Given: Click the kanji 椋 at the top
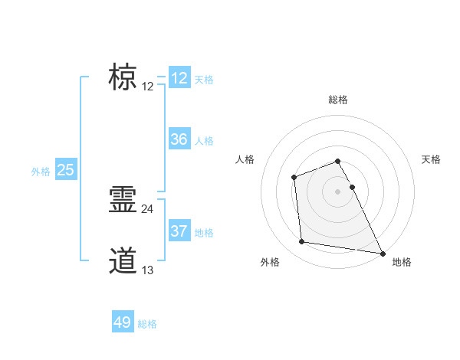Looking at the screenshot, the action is click(123, 77).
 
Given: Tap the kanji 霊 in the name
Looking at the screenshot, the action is click(123, 200).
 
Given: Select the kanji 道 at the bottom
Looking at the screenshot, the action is click(123, 261).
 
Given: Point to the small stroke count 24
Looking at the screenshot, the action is click(148, 208).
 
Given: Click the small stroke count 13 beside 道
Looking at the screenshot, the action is click(148, 270).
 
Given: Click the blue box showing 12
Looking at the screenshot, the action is click(179, 78).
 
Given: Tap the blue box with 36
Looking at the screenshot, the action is click(179, 139).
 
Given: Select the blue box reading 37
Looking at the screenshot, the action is click(179, 231).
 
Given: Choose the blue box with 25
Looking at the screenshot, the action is click(66, 170).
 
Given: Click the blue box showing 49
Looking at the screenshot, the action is click(123, 322).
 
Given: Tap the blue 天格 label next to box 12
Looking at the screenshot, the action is click(204, 80).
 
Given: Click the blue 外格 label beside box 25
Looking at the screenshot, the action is click(41, 172).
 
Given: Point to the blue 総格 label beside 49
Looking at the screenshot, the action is click(147, 324).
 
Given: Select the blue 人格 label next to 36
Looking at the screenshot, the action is click(204, 141).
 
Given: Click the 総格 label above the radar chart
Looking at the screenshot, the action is click(338, 100).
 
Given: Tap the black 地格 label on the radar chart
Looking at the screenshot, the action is click(402, 262).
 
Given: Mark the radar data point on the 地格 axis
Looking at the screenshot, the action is click(383, 253).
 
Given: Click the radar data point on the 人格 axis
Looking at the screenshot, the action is click(294, 178).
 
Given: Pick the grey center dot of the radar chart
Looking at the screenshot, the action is click(338, 191).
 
